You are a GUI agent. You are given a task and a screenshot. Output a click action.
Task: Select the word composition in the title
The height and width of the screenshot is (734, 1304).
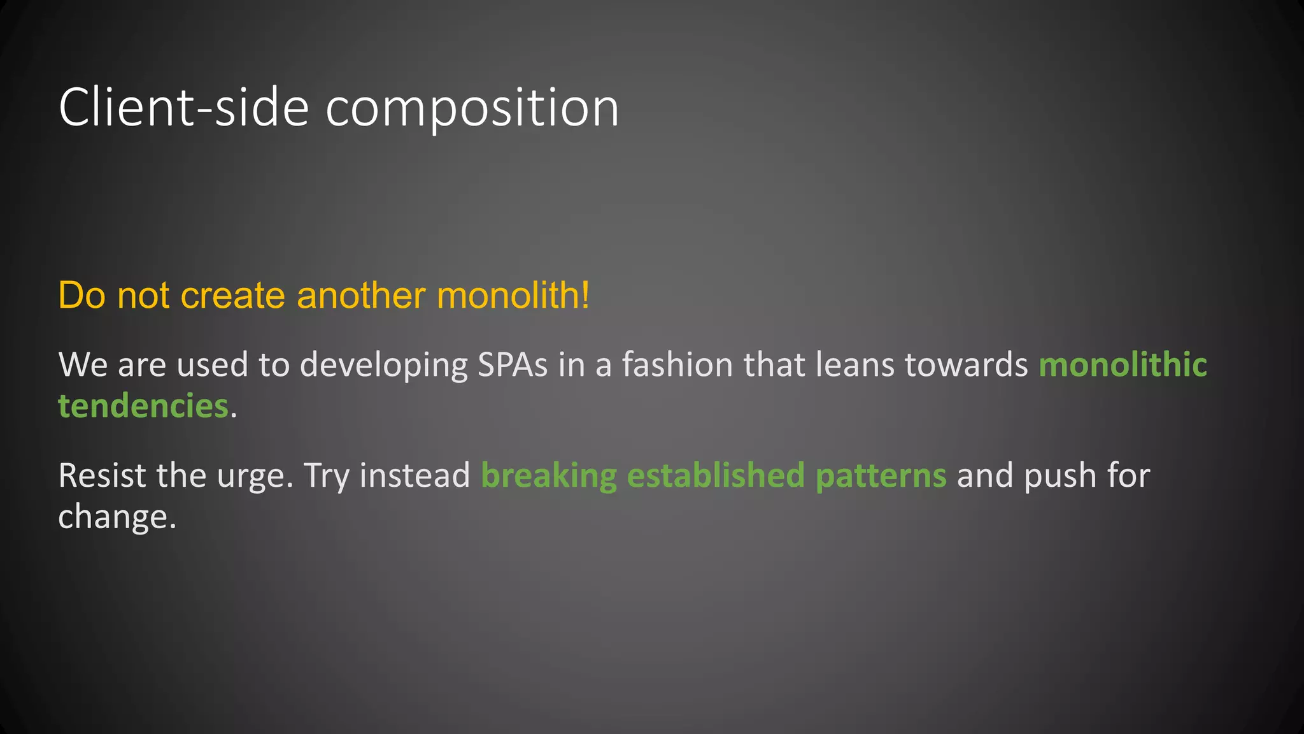(x=472, y=108)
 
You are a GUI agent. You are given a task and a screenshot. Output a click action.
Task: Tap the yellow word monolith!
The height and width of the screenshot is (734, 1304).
(x=513, y=296)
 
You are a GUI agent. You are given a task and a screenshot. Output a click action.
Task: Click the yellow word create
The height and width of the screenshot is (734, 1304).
(x=232, y=296)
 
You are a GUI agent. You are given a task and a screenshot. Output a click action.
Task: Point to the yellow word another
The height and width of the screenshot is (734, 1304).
(x=361, y=296)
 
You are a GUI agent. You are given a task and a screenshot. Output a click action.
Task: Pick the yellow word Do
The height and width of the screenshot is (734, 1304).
(x=81, y=296)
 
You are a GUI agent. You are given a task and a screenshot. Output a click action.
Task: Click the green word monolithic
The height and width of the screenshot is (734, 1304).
(x=1123, y=365)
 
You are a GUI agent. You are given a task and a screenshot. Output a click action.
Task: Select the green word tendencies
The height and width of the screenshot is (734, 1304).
(x=143, y=406)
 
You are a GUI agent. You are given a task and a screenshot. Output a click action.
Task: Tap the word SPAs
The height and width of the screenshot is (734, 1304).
(x=513, y=365)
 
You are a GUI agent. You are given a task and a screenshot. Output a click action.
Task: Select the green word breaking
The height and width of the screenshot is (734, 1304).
(x=548, y=476)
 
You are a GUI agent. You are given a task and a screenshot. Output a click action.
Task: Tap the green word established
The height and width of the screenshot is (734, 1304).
(x=716, y=476)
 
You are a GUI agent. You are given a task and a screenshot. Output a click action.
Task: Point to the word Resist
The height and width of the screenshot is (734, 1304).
(x=102, y=476)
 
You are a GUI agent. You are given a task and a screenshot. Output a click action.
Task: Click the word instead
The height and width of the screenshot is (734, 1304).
(x=415, y=476)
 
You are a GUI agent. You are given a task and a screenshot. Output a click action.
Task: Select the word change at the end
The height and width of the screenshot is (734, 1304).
(x=113, y=517)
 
